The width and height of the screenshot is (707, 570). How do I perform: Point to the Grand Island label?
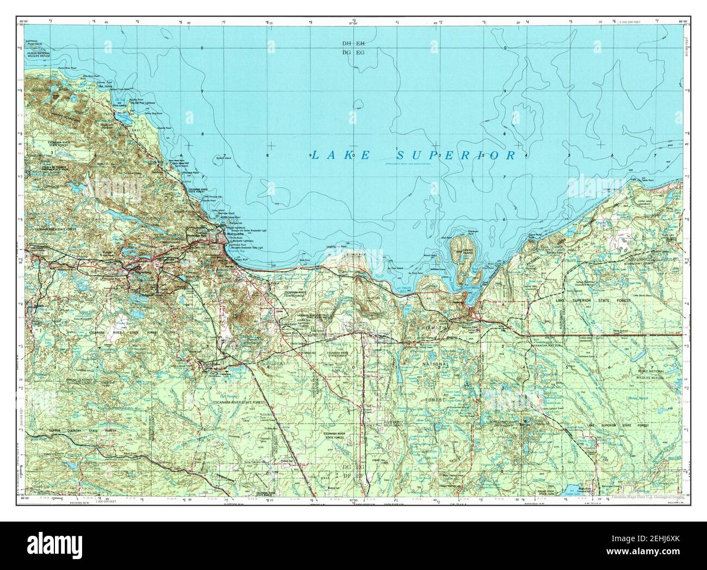[468, 251]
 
